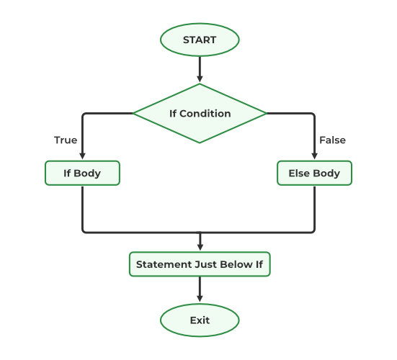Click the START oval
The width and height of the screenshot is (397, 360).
[x=200, y=40]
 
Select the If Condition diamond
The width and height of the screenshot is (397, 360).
[x=200, y=113]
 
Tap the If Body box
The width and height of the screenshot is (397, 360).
[x=82, y=174]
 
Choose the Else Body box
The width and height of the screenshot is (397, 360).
[x=314, y=174]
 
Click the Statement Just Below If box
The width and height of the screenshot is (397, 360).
[x=200, y=264]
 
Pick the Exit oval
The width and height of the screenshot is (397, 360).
[x=200, y=320]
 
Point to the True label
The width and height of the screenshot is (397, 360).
[x=66, y=140]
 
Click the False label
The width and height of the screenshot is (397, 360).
[x=332, y=140]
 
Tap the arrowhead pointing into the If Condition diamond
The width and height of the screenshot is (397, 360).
[x=200, y=78]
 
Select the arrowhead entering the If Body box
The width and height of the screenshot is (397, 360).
[x=82, y=156]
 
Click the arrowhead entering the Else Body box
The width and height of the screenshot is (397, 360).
[x=314, y=156]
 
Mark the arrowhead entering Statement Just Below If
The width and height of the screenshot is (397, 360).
[x=200, y=247]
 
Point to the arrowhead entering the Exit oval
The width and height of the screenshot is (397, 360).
[x=200, y=300]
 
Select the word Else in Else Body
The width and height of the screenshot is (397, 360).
[x=299, y=174]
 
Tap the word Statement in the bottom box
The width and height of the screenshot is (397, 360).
[x=164, y=264]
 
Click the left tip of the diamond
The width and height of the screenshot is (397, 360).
[x=135, y=113]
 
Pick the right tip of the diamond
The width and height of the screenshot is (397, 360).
[x=265, y=113]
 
